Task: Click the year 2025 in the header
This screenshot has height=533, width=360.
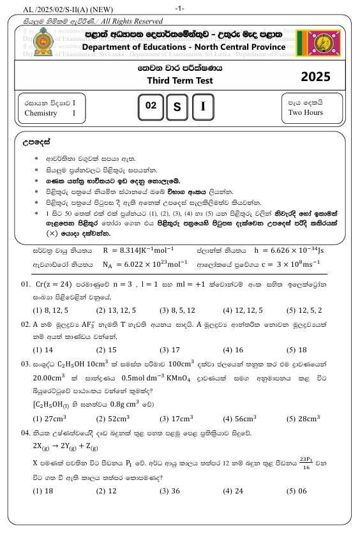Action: click(315, 77)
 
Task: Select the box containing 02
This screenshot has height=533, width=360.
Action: click(151, 107)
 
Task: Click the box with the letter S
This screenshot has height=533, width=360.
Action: click(177, 107)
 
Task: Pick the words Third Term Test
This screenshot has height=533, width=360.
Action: click(180, 80)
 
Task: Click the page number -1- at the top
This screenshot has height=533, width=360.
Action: click(179, 8)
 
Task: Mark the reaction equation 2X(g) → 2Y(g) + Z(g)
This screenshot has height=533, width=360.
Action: click(70, 444)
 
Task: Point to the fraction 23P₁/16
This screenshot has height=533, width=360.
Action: click(310, 462)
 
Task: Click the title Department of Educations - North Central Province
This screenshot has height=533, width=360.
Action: click(184, 47)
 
